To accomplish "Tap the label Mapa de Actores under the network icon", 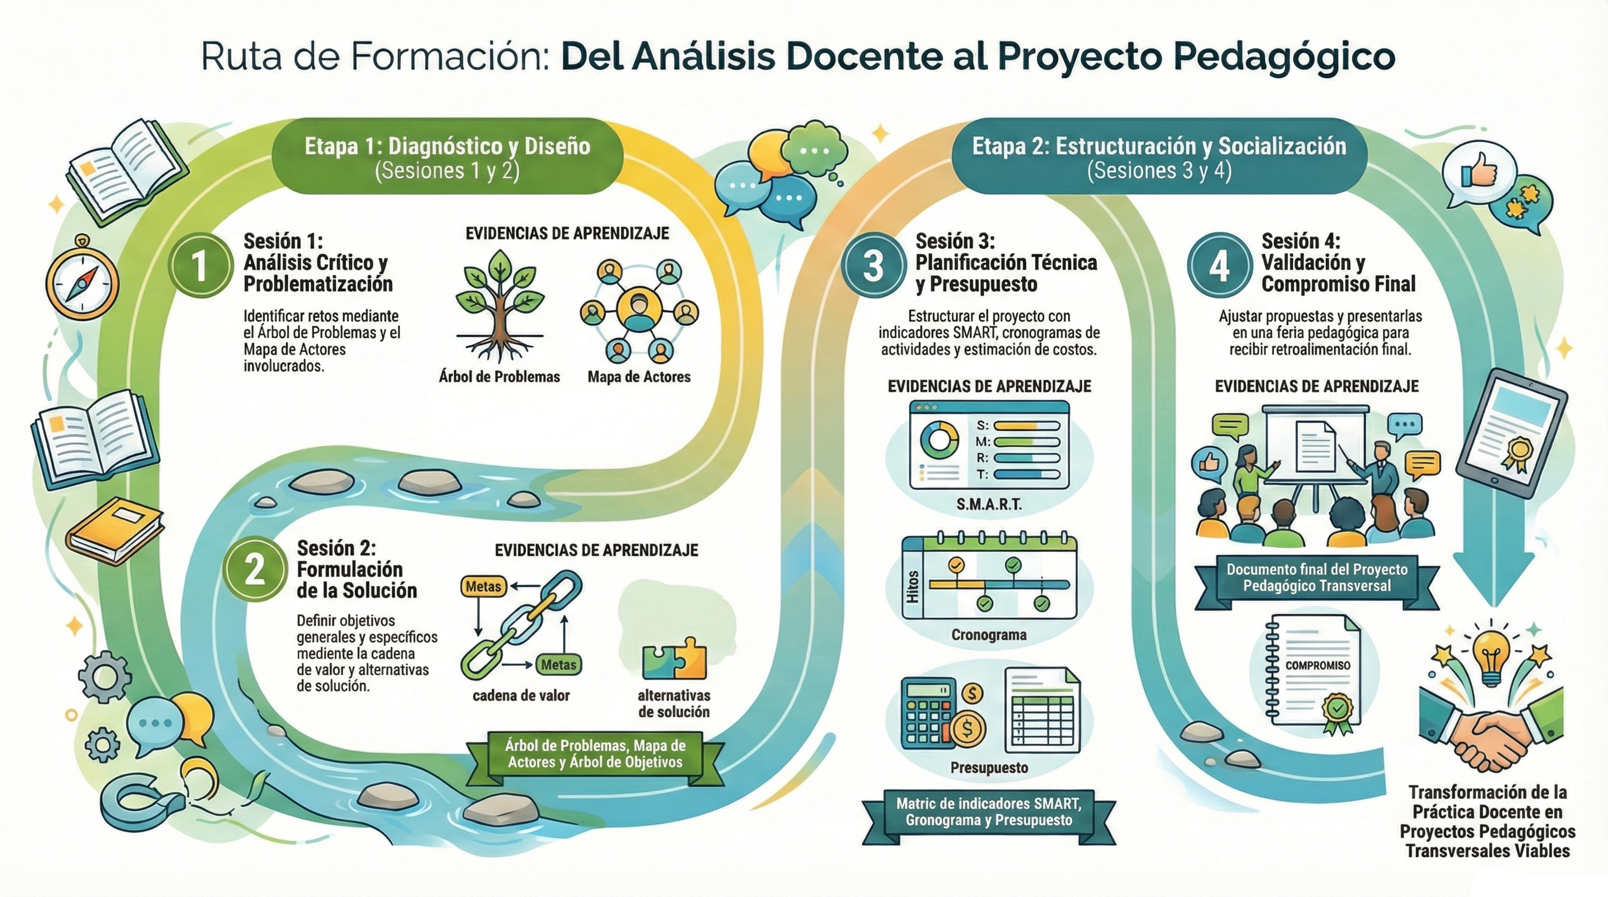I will point(638,377).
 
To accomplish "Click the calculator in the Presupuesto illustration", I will point(929,714).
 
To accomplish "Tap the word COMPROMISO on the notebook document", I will point(1317,666).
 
